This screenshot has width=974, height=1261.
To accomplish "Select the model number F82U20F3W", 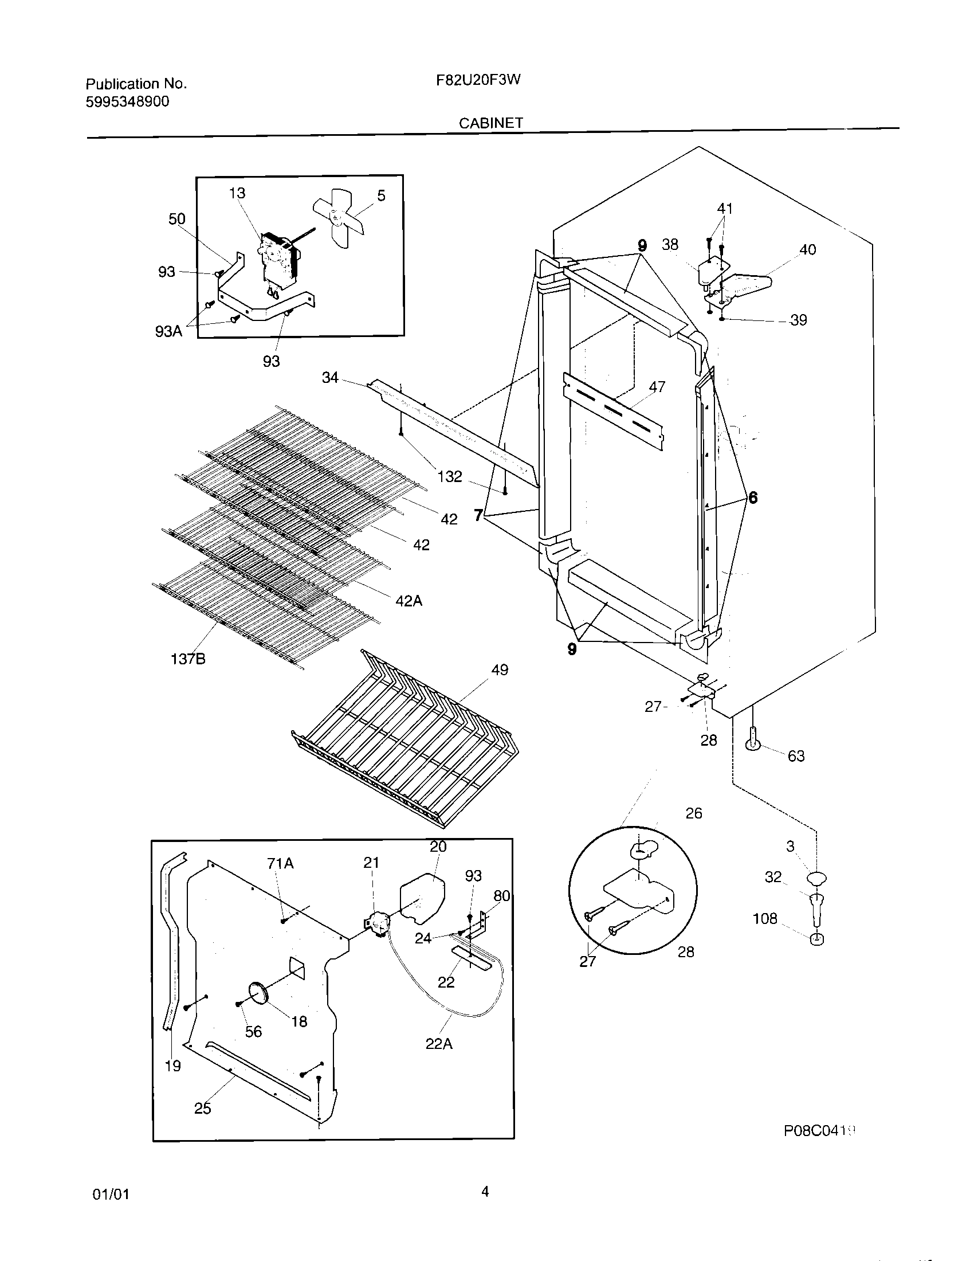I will click(x=478, y=80).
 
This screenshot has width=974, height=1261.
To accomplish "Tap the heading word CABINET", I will click(x=491, y=123).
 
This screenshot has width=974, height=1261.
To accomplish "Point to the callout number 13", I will click(x=237, y=193).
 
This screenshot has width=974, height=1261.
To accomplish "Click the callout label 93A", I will click(x=168, y=331).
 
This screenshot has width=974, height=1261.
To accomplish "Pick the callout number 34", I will click(x=330, y=378).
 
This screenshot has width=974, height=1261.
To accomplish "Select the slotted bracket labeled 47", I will click(x=613, y=411).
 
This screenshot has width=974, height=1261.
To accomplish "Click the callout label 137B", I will click(x=188, y=658).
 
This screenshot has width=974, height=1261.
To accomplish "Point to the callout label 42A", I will click(x=409, y=601).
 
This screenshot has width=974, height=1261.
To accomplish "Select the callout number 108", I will click(x=765, y=918).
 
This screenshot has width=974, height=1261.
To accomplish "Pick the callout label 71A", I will click(x=280, y=863).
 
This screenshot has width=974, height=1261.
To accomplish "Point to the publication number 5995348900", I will click(x=128, y=101).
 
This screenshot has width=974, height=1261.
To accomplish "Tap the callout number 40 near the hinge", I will click(x=807, y=249).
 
